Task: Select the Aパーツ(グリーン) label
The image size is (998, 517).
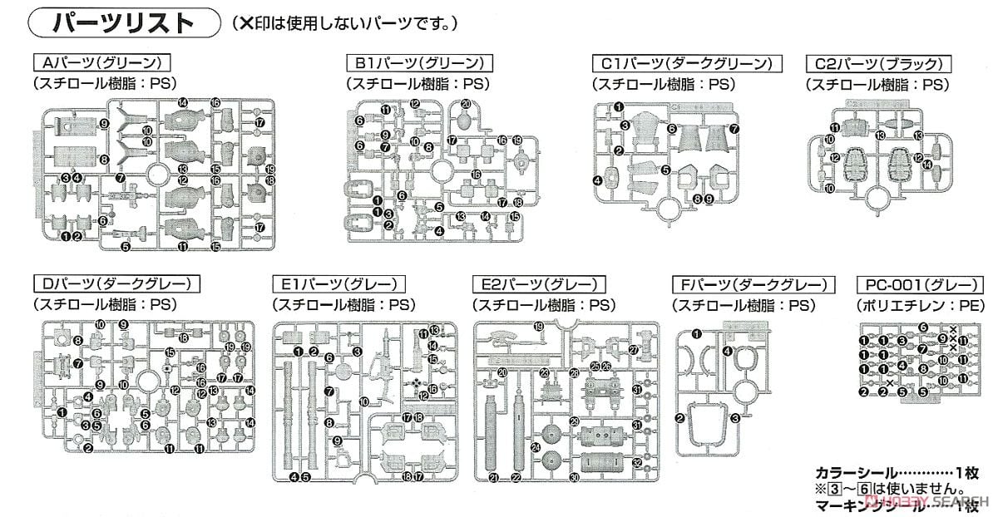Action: [101, 63]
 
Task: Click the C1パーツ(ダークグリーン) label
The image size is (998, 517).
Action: [686, 63]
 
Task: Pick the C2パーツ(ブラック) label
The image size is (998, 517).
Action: [878, 63]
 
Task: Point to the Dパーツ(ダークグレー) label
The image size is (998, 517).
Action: [116, 285]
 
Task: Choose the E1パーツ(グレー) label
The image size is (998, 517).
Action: [338, 285]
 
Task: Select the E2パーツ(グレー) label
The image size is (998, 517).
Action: [537, 285]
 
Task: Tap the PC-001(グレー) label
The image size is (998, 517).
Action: [912, 285]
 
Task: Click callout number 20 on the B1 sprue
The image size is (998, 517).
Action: [466, 104]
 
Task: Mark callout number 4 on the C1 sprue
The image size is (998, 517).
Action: [598, 180]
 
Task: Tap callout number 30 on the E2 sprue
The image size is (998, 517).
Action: [574, 477]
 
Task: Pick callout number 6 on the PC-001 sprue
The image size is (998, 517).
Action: [922, 327]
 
